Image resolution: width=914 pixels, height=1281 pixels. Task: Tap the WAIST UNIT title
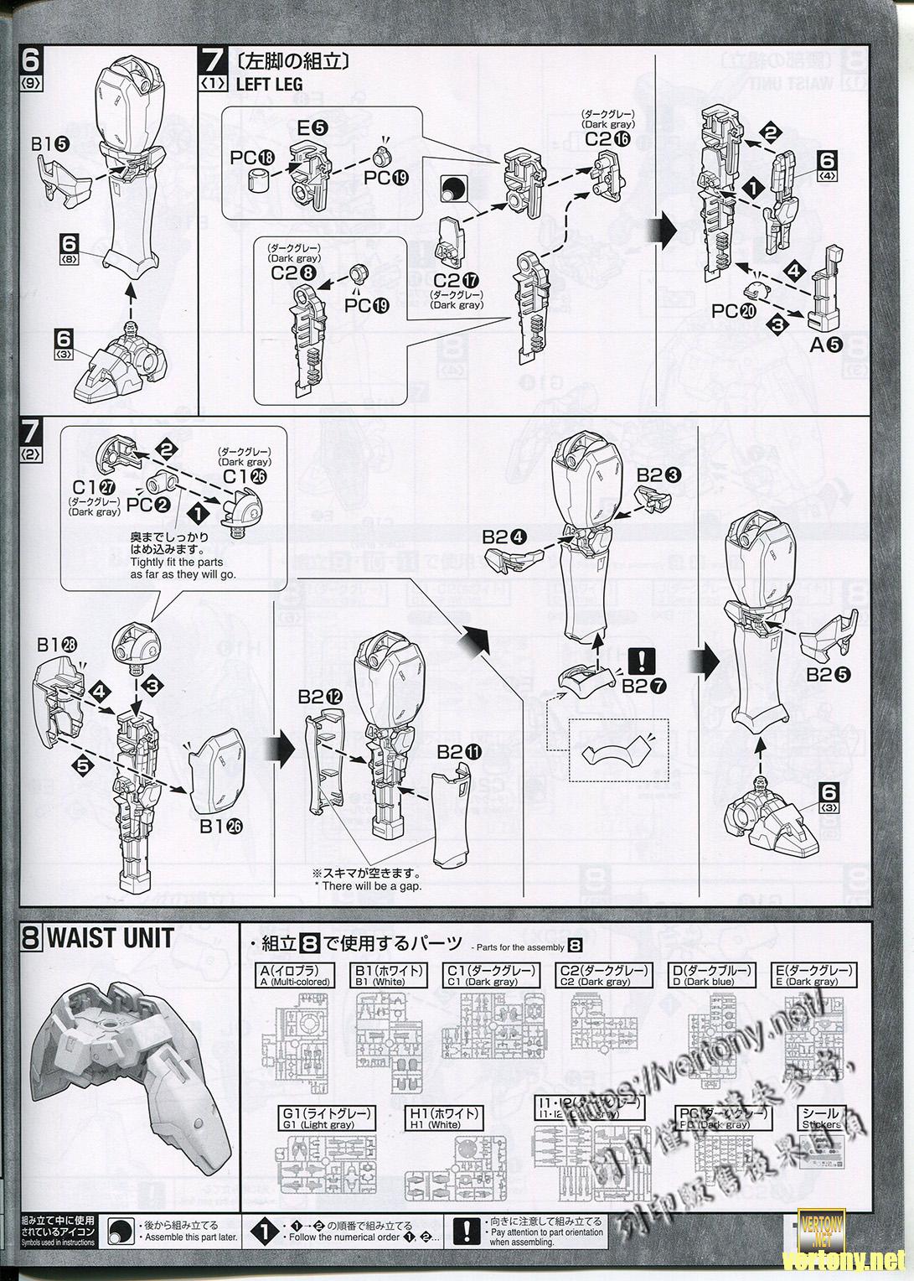(110, 937)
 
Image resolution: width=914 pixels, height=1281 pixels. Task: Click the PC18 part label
(253, 158)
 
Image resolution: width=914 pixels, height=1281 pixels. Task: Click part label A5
(824, 343)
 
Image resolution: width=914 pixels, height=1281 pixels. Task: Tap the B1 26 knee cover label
(220, 826)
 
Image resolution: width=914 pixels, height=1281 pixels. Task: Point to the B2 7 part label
(645, 684)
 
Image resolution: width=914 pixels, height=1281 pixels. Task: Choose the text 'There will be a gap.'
(368, 886)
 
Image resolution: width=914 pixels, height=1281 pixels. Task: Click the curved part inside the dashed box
(619, 749)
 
